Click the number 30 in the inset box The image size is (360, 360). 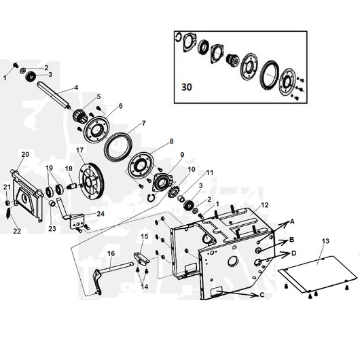click(x=186, y=87)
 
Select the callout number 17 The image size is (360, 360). click(x=79, y=150)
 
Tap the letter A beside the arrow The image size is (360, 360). click(x=292, y=221)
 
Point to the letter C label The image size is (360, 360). click(x=262, y=295)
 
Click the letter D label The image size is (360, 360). click(x=293, y=253)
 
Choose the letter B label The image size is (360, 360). click(x=291, y=240)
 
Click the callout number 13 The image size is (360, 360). click(x=325, y=241)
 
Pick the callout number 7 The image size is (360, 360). click(x=144, y=124)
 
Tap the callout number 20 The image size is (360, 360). click(x=25, y=154)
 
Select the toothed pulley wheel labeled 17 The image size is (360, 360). click(x=92, y=181)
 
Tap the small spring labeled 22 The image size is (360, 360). click(x=8, y=213)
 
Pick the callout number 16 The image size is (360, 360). click(x=111, y=253)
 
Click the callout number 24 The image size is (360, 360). click(x=101, y=214)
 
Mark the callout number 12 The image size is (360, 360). click(x=265, y=205)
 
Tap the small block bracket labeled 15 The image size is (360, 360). click(x=141, y=259)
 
